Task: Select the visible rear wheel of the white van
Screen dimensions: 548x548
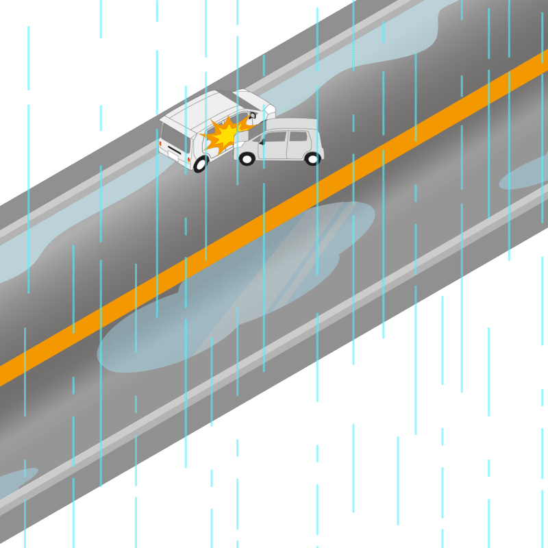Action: coord(201,164)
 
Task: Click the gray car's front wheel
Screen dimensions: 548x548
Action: coord(247,159)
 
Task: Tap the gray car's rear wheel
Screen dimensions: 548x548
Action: coord(312,159)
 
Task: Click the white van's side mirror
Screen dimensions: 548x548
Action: coord(253,116)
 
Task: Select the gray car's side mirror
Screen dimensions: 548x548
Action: coord(261,142)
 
